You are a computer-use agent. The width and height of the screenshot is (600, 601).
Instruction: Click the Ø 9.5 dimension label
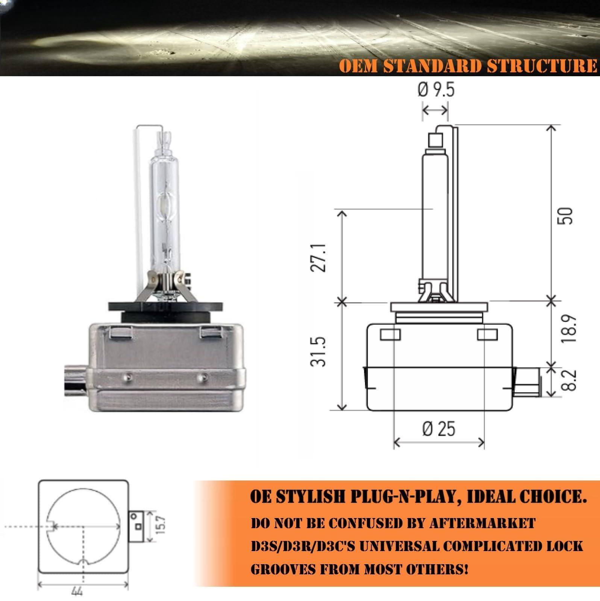pos(436,90)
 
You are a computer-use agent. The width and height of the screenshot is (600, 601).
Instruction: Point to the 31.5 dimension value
pos(320,351)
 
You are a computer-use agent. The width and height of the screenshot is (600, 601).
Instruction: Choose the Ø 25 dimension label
pos(439,428)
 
